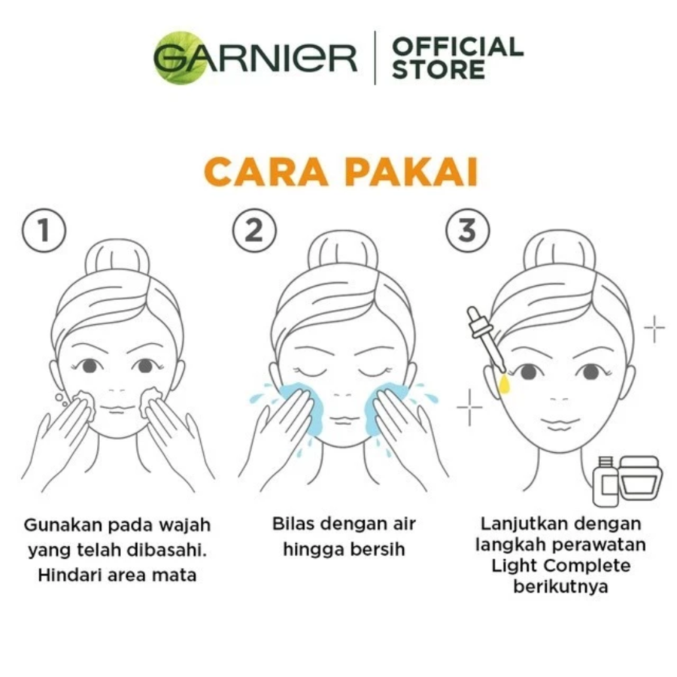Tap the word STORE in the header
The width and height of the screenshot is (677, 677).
pos(439,70)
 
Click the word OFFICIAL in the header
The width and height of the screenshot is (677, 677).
pos(457,47)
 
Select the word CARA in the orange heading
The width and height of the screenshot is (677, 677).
pos(266,172)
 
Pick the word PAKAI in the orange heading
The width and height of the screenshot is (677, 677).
pos(412,172)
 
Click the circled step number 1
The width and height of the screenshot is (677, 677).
pos(44,231)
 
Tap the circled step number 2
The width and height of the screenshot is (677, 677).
pos(254,230)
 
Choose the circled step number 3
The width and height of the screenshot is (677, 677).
pos(468,230)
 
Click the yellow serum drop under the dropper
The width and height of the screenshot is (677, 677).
pos(504,384)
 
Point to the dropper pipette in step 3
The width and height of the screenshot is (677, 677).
pos(486,338)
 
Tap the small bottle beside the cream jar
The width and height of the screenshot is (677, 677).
pos(606,481)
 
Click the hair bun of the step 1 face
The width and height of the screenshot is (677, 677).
pos(117,258)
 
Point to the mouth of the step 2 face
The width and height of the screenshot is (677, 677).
pos(343,420)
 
